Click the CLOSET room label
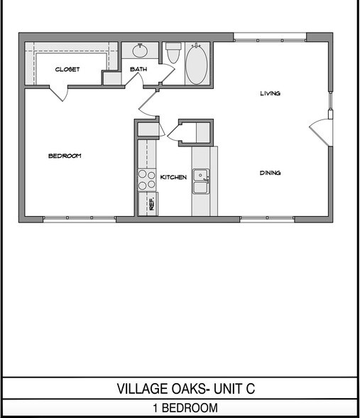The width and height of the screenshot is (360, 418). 67,69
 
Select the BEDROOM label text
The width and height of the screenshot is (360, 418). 65,156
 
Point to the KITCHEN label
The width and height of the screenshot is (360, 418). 173,177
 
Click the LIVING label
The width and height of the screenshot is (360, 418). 270,93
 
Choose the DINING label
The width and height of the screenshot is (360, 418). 270,172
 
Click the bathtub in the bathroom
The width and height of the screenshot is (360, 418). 197,64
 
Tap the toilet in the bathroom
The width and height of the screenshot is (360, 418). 173,55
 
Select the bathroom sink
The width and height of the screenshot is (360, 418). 139,51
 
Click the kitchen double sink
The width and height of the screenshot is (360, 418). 202,181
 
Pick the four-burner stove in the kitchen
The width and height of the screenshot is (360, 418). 147,179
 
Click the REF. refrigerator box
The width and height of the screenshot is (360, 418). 151,204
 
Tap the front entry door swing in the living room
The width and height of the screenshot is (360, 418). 320,132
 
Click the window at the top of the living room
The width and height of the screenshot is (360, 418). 270,36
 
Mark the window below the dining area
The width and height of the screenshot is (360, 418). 267,219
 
